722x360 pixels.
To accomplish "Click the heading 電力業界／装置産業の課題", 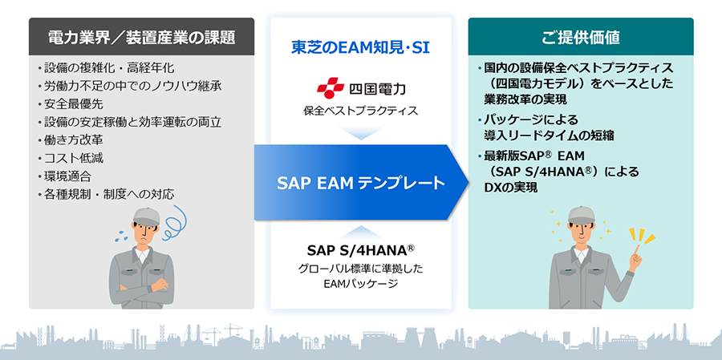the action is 141,38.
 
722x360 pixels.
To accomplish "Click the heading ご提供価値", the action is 580,38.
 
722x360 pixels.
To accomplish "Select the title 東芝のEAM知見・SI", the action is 360,48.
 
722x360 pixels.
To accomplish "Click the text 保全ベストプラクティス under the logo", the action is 360,111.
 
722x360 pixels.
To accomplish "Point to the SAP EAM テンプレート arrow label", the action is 360,184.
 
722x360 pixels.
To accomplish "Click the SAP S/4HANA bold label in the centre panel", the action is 361,250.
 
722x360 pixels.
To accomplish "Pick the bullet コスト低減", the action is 71,159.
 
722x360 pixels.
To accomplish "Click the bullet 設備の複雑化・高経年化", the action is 107,69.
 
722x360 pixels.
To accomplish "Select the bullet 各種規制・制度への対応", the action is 107,194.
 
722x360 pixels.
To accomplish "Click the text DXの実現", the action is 511,188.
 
